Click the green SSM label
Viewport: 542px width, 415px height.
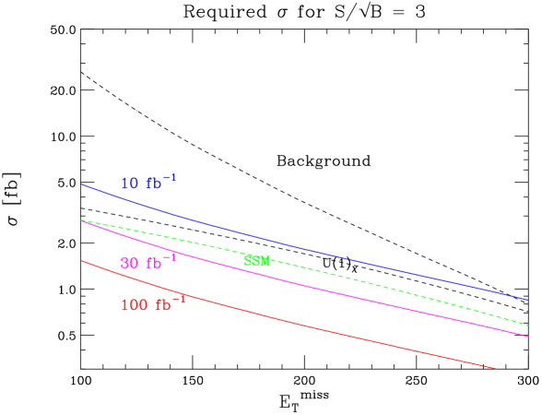tap(256, 261)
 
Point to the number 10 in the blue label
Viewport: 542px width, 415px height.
tap(129, 184)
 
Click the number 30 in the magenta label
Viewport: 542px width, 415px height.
tap(129, 263)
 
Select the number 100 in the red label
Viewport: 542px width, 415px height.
tap(133, 305)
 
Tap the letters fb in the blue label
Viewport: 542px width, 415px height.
tap(153, 184)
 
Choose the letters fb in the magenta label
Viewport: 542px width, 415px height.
tap(153, 263)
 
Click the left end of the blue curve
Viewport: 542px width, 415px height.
tap(82, 184)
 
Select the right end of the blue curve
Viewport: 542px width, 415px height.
tap(527, 300)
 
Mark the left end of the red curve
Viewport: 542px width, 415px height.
tap(82, 260)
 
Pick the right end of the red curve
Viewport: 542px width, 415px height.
tap(496, 368)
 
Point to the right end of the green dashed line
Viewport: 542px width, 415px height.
tap(527, 325)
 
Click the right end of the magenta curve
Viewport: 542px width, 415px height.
tap(527, 337)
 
